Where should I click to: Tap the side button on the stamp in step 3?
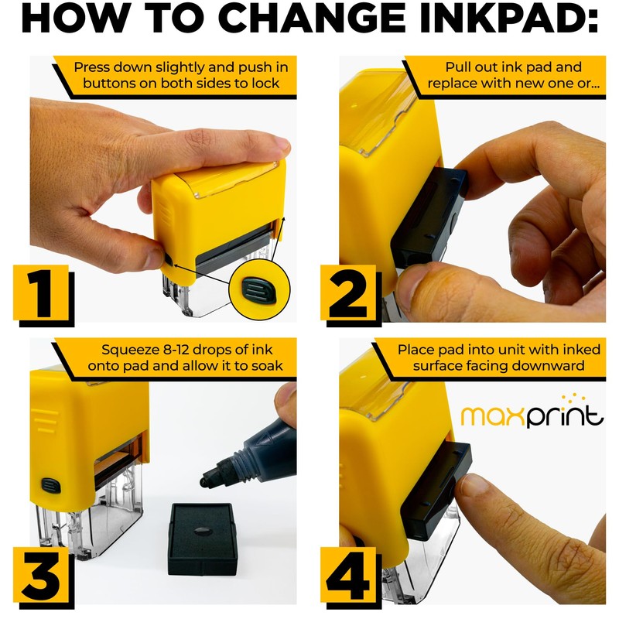[x=51, y=485]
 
